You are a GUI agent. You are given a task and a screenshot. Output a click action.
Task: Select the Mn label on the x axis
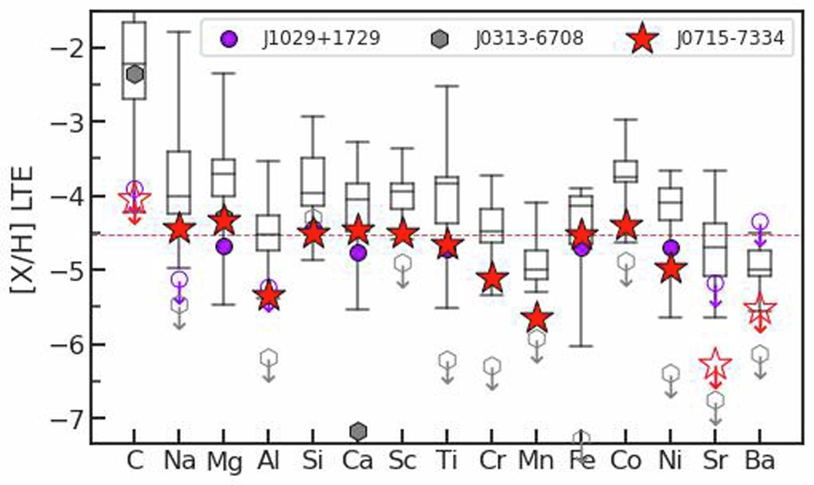537,461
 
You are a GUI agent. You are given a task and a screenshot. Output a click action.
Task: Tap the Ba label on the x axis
760,461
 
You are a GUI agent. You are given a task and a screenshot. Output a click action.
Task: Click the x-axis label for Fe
581,461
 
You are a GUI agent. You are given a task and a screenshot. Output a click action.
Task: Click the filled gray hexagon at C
136,74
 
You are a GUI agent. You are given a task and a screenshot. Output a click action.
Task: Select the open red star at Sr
715,363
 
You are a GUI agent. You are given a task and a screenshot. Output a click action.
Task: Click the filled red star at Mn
537,317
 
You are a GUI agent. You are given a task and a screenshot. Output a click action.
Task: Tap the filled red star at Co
626,226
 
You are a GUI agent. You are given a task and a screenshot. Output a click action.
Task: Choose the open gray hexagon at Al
269,357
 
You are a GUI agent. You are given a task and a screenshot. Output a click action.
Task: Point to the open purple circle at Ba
760,221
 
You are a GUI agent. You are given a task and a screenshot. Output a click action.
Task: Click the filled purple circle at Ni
671,247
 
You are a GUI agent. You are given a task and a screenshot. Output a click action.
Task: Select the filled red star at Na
179,227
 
